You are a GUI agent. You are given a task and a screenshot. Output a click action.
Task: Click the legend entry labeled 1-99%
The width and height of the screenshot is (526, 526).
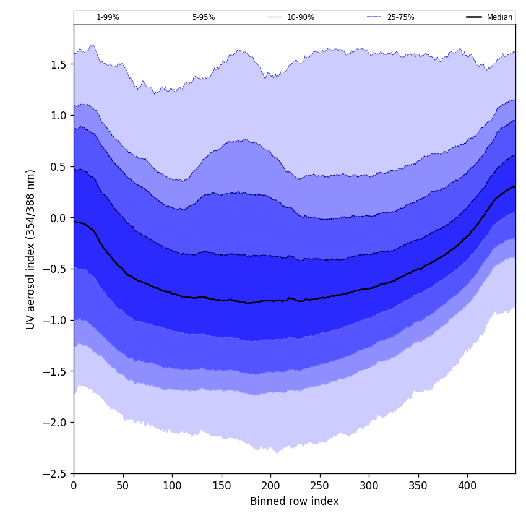(x=108, y=17)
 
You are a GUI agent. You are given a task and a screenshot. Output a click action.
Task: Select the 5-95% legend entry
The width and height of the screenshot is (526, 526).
(x=204, y=17)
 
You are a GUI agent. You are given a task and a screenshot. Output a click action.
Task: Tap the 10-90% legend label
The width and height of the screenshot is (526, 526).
(x=300, y=17)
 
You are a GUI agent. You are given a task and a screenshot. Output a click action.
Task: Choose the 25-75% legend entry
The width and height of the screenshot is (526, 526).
(x=400, y=17)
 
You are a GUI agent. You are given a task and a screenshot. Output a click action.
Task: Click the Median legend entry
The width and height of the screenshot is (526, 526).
(x=499, y=17)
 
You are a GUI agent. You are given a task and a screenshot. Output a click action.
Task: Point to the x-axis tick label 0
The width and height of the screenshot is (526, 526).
(x=74, y=486)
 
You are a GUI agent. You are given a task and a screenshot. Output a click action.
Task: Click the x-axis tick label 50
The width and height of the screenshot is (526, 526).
(x=123, y=486)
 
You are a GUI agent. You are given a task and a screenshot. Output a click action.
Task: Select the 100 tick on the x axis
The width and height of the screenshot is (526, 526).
(x=172, y=486)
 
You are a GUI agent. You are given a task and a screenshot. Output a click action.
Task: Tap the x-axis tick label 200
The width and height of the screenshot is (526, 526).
(x=270, y=486)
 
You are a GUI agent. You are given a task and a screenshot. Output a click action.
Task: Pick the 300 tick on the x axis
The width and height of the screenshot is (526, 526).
(x=369, y=486)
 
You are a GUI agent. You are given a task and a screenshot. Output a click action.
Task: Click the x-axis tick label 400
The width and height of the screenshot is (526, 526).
(x=467, y=486)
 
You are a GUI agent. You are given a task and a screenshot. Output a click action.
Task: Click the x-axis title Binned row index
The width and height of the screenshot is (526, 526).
(x=295, y=501)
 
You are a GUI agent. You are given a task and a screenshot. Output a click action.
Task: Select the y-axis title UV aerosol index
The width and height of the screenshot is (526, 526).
(x=31, y=249)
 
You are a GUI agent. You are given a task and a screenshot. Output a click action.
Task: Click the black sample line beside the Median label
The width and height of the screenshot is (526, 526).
(x=474, y=17)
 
